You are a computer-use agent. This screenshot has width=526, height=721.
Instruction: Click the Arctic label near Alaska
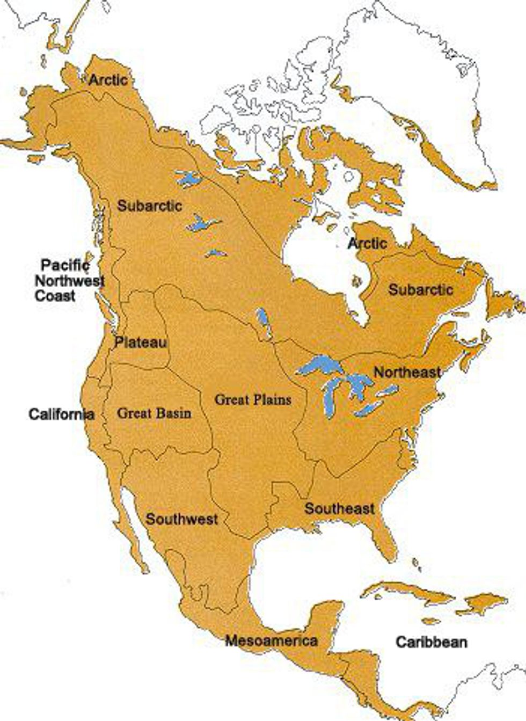(108, 80)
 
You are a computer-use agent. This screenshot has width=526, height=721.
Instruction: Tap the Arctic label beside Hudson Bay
(367, 243)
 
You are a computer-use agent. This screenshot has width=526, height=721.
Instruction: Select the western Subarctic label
(150, 205)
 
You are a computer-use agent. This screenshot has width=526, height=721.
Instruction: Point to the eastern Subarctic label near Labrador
(421, 290)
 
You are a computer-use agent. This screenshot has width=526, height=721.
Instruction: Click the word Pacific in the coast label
(65, 265)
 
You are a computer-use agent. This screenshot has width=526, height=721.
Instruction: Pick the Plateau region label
(141, 342)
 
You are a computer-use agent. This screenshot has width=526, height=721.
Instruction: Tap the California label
(61, 414)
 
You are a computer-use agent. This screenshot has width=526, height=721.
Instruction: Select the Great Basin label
(154, 413)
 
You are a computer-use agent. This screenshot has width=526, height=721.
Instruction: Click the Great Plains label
(253, 399)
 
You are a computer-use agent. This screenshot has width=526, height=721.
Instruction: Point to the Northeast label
(407, 372)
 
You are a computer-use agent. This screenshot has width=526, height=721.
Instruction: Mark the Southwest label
(182, 519)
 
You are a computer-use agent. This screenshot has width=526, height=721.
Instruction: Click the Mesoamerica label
(271, 640)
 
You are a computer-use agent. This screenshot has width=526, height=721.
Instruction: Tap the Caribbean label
(432, 642)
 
